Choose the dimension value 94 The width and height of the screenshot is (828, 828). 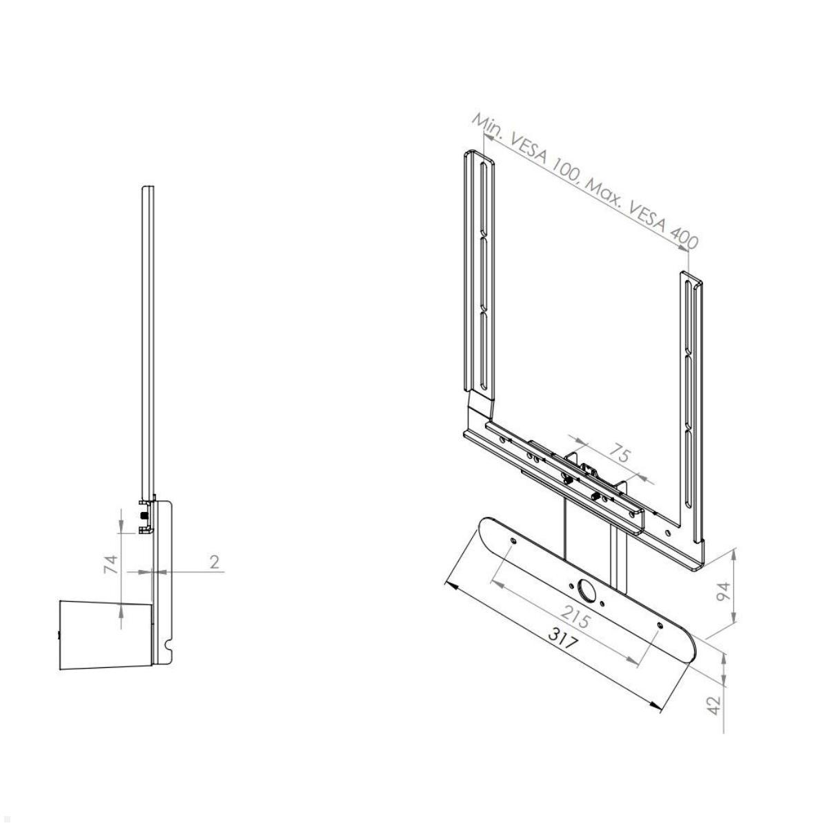pyautogui.click(x=722, y=591)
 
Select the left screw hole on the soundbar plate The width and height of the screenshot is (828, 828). pyautogui.click(x=513, y=542)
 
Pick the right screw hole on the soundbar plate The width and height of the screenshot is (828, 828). pyautogui.click(x=661, y=624)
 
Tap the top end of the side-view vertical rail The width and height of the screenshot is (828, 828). pyautogui.click(x=147, y=188)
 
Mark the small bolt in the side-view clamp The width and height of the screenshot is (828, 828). pyautogui.click(x=143, y=515)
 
